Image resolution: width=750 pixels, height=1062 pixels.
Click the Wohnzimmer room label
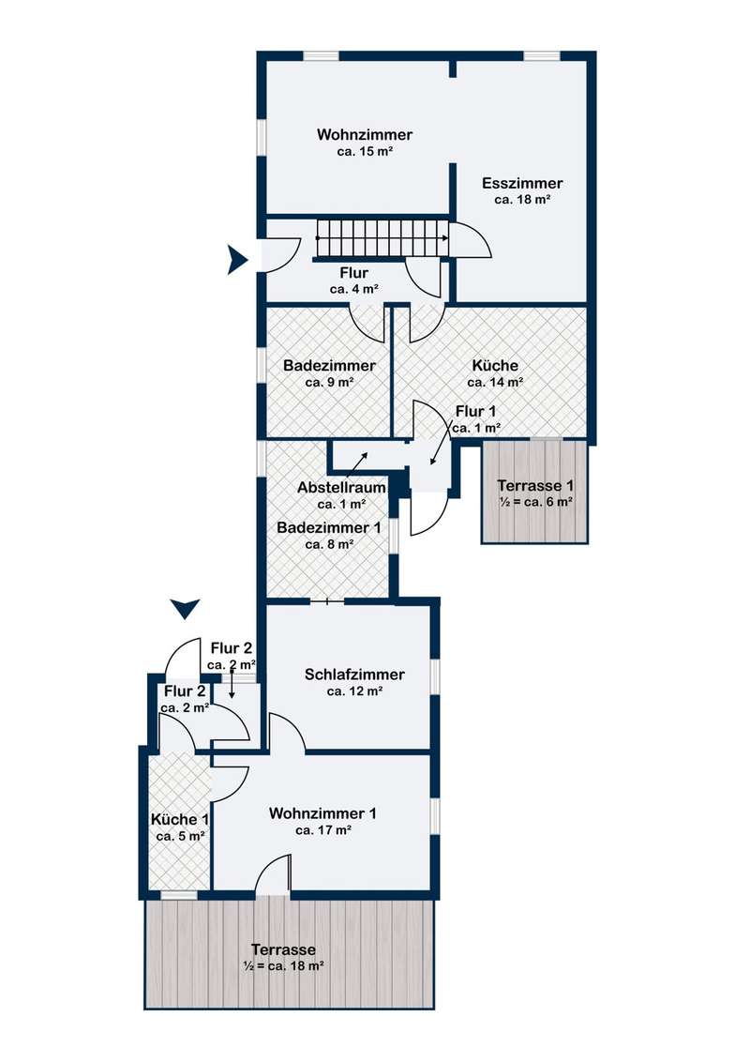(x=365, y=135)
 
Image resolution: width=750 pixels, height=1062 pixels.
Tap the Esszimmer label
(x=522, y=183)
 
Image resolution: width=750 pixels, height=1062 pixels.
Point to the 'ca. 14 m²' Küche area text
(x=495, y=382)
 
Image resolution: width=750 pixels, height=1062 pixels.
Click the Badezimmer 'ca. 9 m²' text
(x=328, y=382)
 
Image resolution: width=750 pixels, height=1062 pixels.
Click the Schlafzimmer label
(x=354, y=675)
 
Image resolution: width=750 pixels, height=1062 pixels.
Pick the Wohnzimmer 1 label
(x=322, y=812)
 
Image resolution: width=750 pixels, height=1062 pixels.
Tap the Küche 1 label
(x=180, y=818)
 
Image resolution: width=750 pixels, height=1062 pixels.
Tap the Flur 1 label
(x=477, y=412)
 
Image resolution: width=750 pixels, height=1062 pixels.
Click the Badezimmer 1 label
(x=328, y=527)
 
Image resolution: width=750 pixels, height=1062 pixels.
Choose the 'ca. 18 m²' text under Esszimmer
(x=522, y=199)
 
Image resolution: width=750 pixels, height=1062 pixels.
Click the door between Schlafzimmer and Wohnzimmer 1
(x=286, y=733)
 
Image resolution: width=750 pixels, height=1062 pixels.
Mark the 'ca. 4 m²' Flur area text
(x=354, y=290)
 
